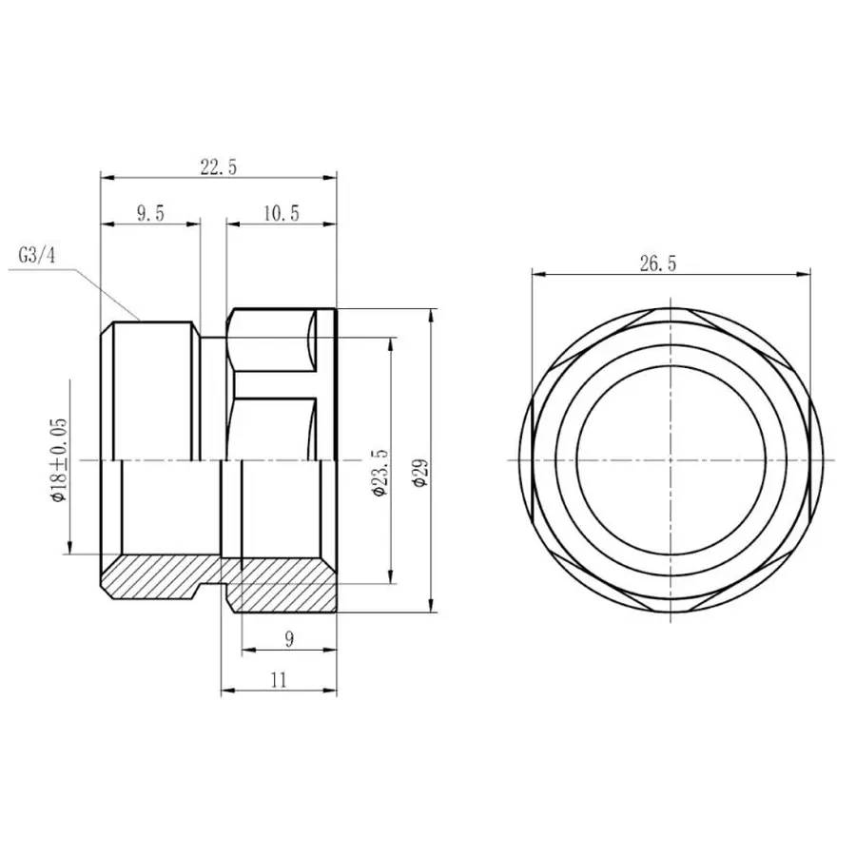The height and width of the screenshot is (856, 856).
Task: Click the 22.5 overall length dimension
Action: click(x=218, y=166)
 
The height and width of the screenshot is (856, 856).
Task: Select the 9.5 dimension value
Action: click(x=150, y=214)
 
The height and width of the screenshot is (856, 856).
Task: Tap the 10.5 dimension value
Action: click(x=281, y=214)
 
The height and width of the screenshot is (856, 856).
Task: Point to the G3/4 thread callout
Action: click(x=37, y=257)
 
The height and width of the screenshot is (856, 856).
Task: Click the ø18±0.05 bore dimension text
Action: click(x=58, y=459)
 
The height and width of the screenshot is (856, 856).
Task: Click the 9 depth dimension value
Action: click(x=288, y=640)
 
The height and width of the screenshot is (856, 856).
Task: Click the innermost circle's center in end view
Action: click(x=672, y=459)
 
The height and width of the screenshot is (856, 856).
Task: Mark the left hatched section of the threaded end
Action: click(x=152, y=575)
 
